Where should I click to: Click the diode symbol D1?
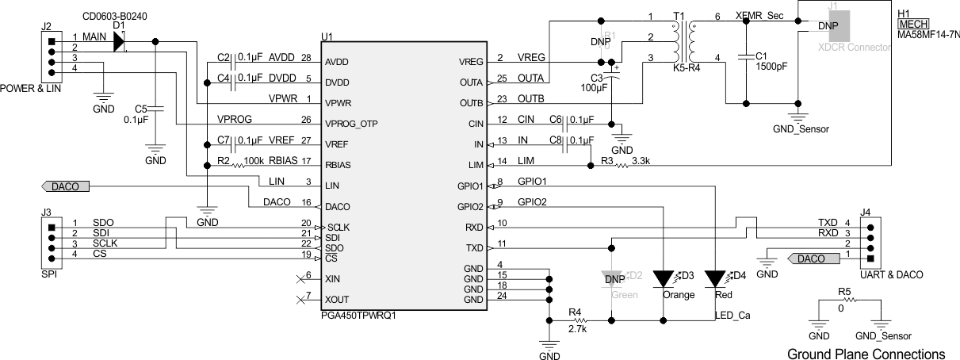(x=119, y=41)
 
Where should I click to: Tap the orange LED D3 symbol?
(x=664, y=279)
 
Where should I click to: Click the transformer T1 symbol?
(x=683, y=42)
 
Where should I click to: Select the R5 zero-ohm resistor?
(x=845, y=301)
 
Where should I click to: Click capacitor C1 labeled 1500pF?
(x=746, y=56)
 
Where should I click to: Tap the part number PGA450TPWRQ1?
(x=358, y=315)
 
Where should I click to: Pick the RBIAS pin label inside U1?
(x=338, y=165)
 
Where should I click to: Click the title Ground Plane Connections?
(x=866, y=353)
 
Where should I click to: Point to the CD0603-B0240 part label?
(x=113, y=15)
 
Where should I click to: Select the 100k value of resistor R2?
(x=254, y=160)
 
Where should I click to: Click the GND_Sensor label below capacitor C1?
(x=801, y=128)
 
